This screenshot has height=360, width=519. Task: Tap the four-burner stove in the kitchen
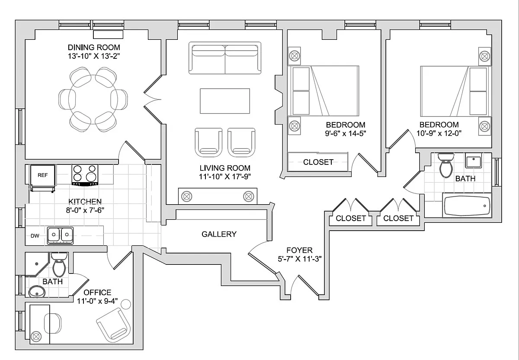(85, 175)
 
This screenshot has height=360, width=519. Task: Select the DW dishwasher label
(35, 236)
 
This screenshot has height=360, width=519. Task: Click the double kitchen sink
(60, 235)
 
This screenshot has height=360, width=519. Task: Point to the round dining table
(93, 100)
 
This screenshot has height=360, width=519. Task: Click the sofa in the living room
(225, 58)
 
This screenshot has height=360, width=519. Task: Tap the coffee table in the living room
(225, 101)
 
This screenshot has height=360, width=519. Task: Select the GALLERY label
(219, 234)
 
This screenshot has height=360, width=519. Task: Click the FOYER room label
(299, 250)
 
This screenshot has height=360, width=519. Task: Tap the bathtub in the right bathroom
(467, 206)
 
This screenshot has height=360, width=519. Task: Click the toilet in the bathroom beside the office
(59, 265)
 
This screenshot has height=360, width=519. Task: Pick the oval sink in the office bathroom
(37, 291)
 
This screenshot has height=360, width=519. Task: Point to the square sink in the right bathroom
(473, 160)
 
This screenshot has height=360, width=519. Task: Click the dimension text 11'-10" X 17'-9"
(225, 177)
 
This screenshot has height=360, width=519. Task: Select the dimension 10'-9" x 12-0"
(439, 133)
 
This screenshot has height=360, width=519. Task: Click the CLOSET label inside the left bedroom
(318, 162)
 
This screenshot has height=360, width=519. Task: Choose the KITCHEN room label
(85, 202)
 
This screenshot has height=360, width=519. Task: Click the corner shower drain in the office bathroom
(37, 264)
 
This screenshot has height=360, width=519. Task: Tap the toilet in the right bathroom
(446, 165)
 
